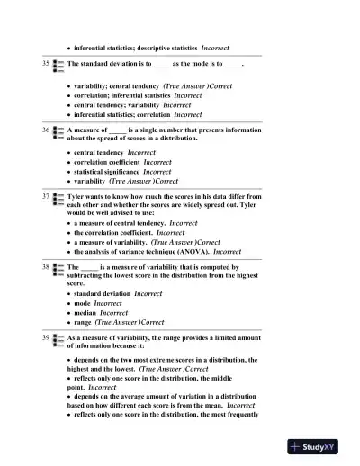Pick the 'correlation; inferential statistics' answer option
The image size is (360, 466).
tap(121, 94)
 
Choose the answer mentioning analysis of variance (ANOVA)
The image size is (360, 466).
tap(141, 252)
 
